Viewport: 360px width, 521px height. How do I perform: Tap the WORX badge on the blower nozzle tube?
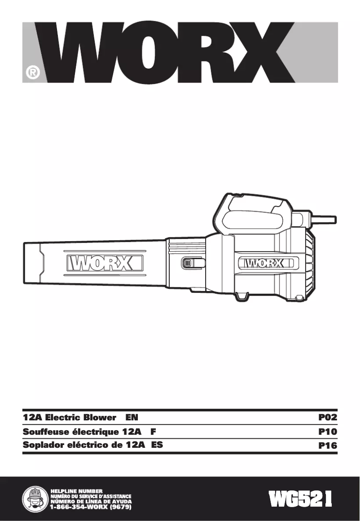(105, 263)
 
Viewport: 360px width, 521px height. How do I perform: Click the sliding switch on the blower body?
(186, 263)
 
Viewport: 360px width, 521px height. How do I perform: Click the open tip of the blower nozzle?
(31, 263)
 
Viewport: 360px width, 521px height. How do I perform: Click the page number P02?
(327, 417)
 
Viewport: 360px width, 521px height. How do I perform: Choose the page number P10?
(327, 432)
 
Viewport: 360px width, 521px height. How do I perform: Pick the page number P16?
(327, 446)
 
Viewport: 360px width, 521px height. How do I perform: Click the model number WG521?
(301, 499)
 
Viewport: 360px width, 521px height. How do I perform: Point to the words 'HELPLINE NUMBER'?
(77, 490)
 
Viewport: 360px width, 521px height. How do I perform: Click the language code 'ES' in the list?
(157, 446)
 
